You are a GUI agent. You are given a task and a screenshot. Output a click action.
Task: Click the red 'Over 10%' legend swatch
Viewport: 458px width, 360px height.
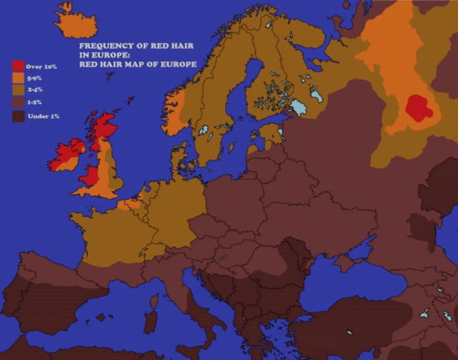click(x=18, y=66)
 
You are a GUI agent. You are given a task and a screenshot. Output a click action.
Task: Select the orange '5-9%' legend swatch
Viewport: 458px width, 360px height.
click(x=18, y=78)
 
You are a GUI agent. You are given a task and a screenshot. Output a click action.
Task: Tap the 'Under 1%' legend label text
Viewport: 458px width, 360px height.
click(x=43, y=116)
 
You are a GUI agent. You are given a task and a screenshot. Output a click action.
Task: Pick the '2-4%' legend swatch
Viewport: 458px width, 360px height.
click(x=18, y=90)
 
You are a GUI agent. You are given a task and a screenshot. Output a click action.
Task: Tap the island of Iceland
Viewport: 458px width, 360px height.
click(x=75, y=25)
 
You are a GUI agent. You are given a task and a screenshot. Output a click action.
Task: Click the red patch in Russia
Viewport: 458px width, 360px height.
click(x=418, y=108)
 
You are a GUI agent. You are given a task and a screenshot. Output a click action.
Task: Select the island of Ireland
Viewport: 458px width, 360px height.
click(x=65, y=156)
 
